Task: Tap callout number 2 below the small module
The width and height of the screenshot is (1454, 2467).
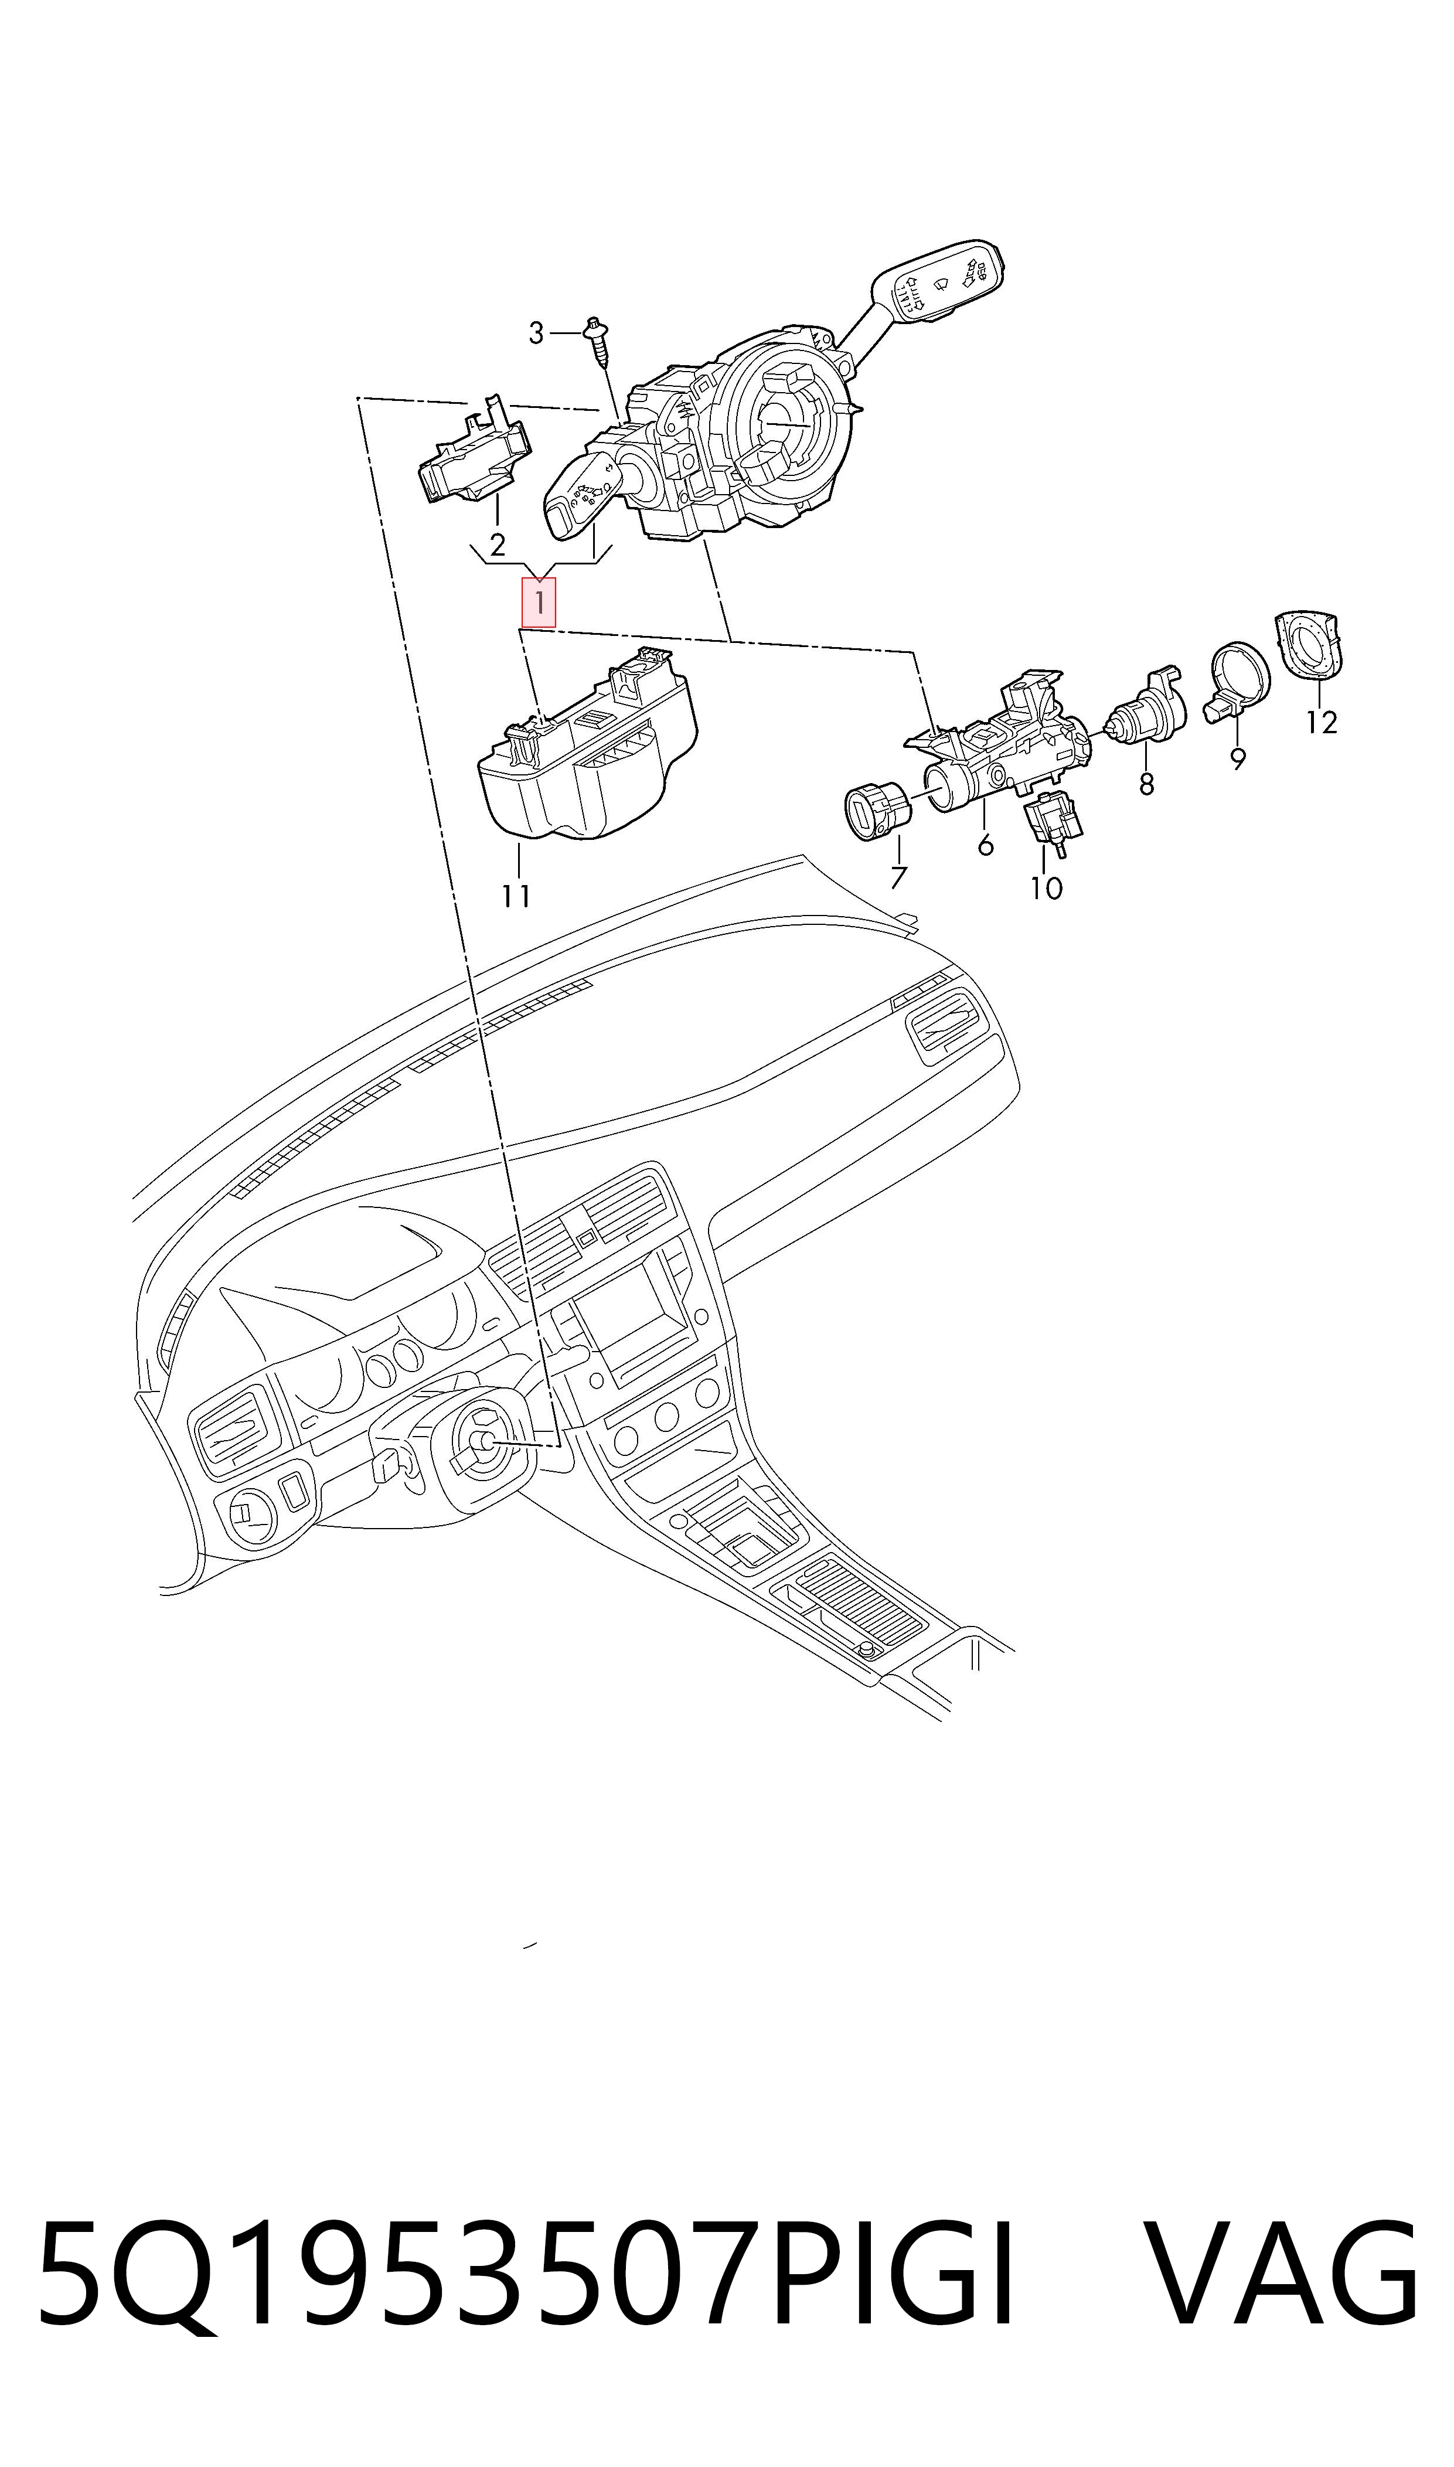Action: point(498,545)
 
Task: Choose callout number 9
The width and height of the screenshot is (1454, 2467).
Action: point(1238,758)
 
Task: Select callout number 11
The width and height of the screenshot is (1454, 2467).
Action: point(516,896)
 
